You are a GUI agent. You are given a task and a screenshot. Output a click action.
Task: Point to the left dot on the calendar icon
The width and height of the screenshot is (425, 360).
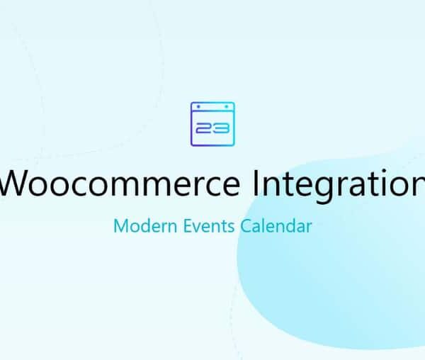[198, 106]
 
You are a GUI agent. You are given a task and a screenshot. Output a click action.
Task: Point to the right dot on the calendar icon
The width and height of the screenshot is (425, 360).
[227, 106]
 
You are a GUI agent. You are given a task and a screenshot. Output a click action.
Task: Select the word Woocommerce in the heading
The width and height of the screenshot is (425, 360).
[121, 184]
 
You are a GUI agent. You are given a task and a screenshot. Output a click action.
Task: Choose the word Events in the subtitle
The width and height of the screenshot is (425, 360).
[206, 227]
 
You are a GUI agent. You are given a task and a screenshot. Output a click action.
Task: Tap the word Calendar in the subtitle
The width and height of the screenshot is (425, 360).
[276, 227]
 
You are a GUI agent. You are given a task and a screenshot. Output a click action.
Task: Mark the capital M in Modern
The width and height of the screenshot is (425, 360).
[120, 227]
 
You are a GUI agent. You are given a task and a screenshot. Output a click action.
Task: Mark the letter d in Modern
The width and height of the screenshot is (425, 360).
[140, 227]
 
